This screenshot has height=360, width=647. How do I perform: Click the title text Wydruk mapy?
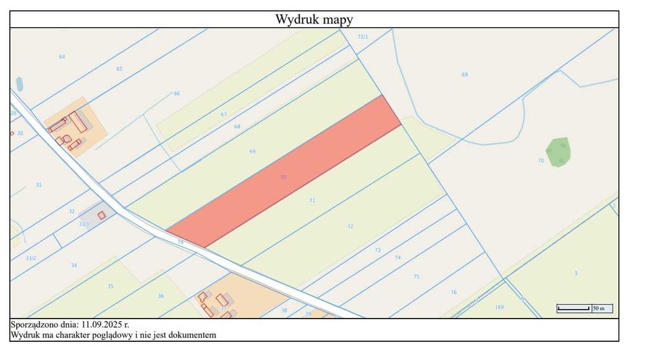(314, 19)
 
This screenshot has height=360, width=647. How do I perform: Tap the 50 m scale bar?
(573, 308)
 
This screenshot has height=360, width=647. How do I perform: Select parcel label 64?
(62, 57)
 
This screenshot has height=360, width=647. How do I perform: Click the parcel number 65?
(119, 69)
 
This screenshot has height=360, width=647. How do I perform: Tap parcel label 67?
(224, 115)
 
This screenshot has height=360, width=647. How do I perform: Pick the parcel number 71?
(312, 201)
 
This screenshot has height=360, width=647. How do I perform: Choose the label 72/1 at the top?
(363, 37)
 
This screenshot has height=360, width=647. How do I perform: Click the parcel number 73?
(378, 250)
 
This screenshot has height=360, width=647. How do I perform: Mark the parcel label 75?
(416, 276)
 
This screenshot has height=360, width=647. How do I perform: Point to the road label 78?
(181, 242)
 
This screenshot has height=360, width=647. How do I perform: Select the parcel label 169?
(499, 307)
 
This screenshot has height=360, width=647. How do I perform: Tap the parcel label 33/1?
(84, 224)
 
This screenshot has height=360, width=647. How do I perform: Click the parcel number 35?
(111, 286)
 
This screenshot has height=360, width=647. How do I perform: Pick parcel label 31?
(39, 185)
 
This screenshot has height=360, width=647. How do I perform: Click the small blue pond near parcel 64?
(19, 84)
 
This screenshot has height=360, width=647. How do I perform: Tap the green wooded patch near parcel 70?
(557, 150)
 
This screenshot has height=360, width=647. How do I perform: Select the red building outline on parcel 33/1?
(101, 215)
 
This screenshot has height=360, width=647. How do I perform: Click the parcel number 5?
(576, 273)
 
